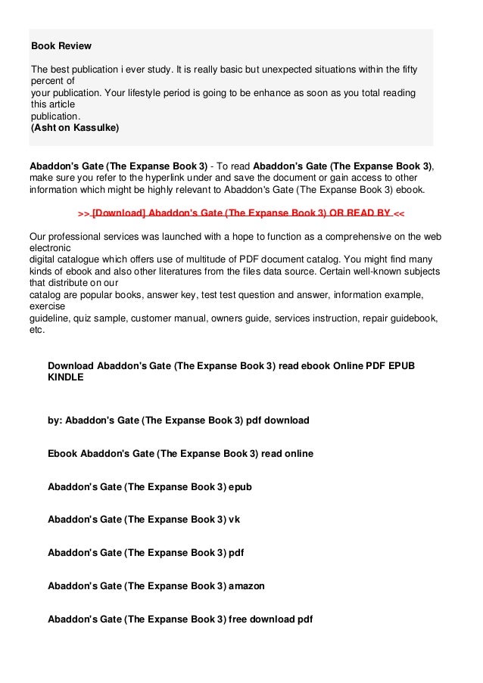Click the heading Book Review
click(x=61, y=46)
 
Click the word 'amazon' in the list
click(x=247, y=585)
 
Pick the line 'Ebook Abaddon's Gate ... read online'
click(x=179, y=453)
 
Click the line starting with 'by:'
click(x=178, y=420)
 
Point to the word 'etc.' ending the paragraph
click(x=37, y=330)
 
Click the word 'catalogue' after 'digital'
click(x=79, y=259)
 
